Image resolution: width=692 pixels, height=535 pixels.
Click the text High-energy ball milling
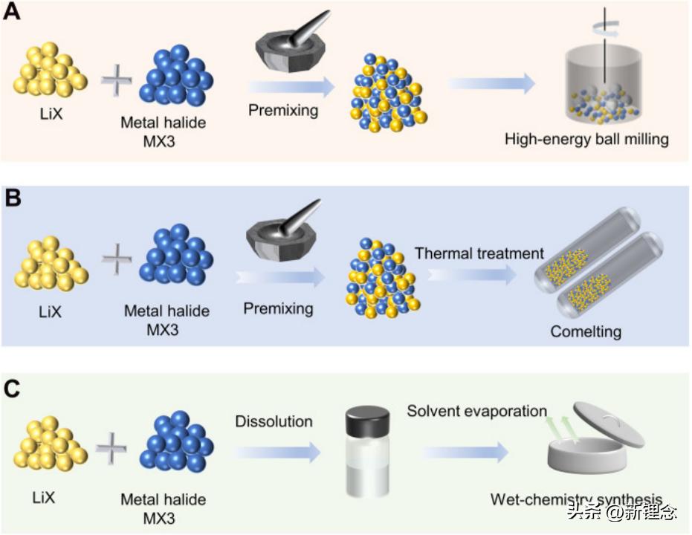click(586, 138)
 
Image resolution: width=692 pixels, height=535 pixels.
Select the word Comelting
click(586, 331)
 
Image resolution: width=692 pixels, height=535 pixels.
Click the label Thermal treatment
click(479, 253)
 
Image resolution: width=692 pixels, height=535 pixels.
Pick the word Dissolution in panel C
click(274, 422)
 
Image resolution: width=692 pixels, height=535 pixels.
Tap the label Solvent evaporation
click(476, 411)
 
